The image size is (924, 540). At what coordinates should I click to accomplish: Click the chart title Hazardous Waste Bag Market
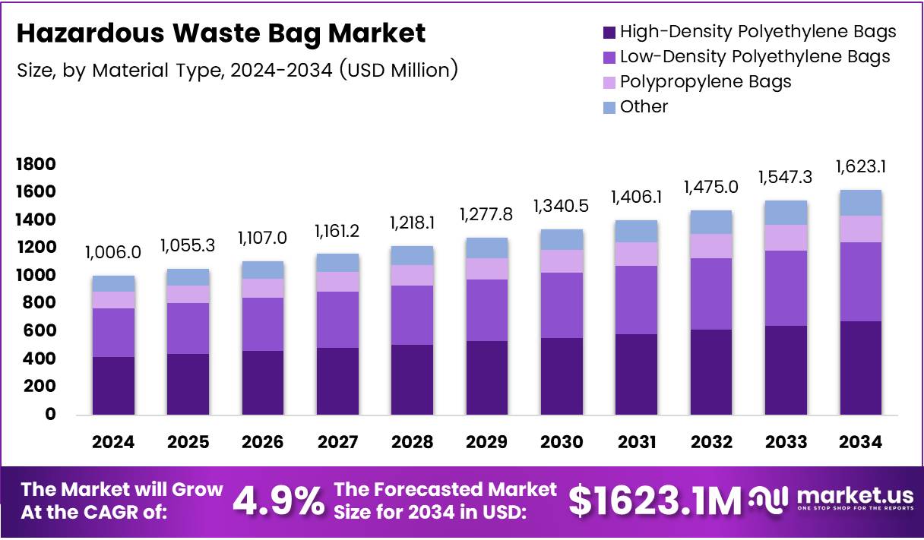pyautogui.click(x=220, y=34)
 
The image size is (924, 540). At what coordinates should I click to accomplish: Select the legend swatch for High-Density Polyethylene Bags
pyautogui.click(x=609, y=32)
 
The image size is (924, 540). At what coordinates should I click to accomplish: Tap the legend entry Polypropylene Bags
pyautogui.click(x=705, y=82)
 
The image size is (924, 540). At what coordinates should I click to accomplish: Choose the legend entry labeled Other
pyautogui.click(x=644, y=107)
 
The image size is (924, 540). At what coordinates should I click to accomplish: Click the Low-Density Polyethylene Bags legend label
pyautogui.click(x=755, y=57)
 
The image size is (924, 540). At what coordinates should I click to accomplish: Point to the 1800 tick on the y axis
pyautogui.click(x=36, y=165)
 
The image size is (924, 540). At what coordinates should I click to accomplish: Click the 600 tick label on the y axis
pyautogui.click(x=40, y=331)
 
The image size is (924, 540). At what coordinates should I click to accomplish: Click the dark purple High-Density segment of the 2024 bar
pyautogui.click(x=113, y=385)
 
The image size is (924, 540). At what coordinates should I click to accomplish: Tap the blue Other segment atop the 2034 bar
pyautogui.click(x=860, y=203)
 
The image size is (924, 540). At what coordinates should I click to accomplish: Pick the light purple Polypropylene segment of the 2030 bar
pyautogui.click(x=562, y=261)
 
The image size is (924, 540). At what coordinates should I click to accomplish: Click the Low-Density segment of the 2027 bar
pyautogui.click(x=337, y=320)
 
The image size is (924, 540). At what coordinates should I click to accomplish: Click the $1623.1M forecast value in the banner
pyautogui.click(x=654, y=501)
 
